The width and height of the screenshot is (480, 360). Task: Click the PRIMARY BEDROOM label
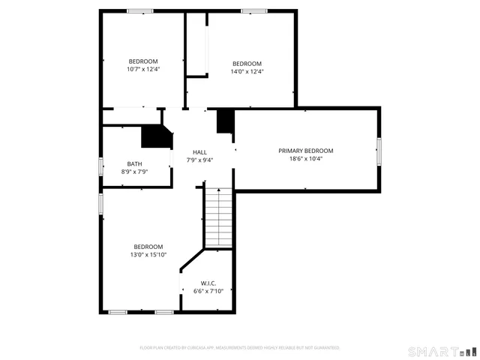pyautogui.click(x=305, y=151)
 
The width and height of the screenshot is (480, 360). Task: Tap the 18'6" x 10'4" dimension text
pyautogui.click(x=305, y=159)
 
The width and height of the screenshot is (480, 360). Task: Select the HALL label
pyautogui.click(x=199, y=152)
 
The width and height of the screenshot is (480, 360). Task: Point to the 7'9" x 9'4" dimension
pyautogui.click(x=199, y=160)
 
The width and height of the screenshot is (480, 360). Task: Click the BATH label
pyautogui.click(x=134, y=164)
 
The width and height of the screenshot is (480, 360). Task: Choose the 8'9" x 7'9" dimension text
pyautogui.click(x=134, y=172)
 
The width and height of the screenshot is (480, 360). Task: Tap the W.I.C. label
pyautogui.click(x=208, y=283)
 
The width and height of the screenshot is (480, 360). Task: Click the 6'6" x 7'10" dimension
pyautogui.click(x=208, y=291)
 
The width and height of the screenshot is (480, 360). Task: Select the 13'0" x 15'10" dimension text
pyautogui.click(x=148, y=255)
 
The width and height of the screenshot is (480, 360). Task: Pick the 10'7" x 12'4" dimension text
pyautogui.click(x=143, y=69)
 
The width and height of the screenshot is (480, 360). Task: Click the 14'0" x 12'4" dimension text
pyautogui.click(x=247, y=71)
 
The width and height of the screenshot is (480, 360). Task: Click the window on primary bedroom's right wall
pyautogui.click(x=379, y=151)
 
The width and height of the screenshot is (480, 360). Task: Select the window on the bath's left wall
pyautogui.click(x=101, y=166)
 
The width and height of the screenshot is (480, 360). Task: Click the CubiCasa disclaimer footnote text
pyautogui.click(x=240, y=348)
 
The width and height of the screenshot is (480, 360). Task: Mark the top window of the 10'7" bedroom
pyautogui.click(x=139, y=10)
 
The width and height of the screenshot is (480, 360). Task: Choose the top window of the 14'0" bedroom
pyautogui.click(x=253, y=10)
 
